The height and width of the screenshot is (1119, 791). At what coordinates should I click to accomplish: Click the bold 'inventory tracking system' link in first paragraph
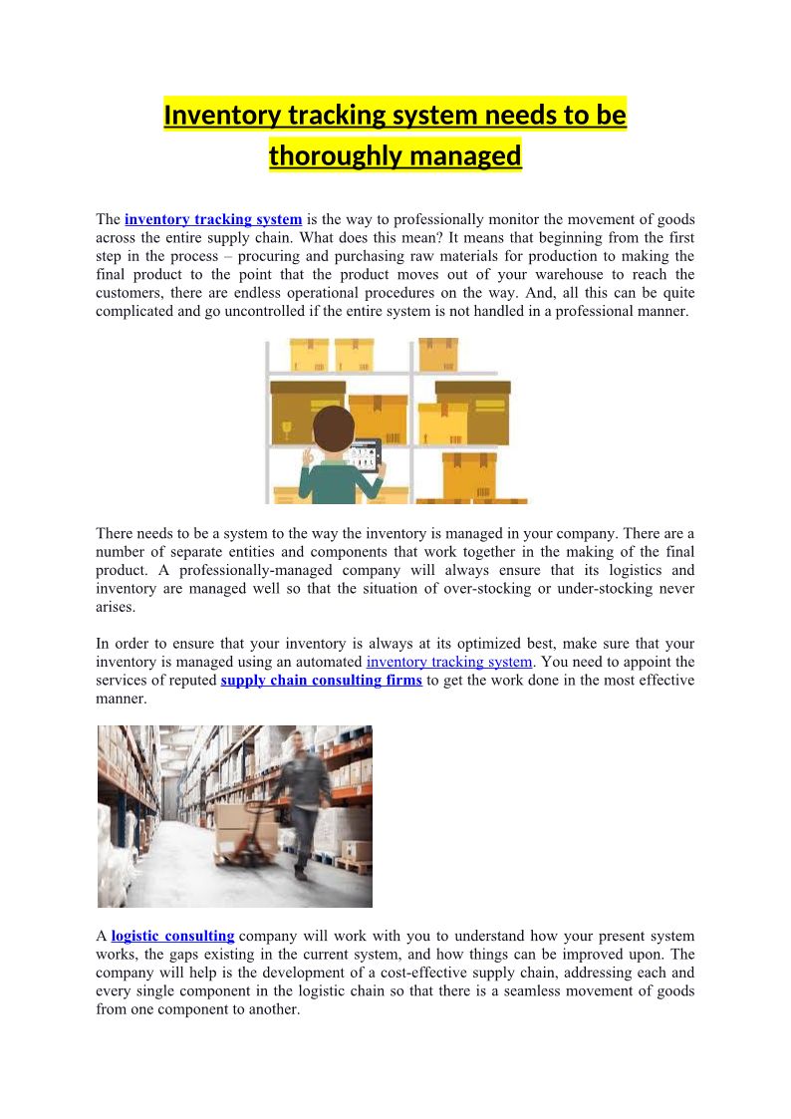pos(213,219)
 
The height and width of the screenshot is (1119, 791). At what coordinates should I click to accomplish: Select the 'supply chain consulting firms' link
pos(321,681)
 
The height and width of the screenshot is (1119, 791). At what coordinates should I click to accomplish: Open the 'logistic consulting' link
pos(172,937)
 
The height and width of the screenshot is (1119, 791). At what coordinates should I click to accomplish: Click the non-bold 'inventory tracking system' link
pos(449,663)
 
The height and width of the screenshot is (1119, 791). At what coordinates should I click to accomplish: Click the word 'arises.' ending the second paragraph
pos(116,607)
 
